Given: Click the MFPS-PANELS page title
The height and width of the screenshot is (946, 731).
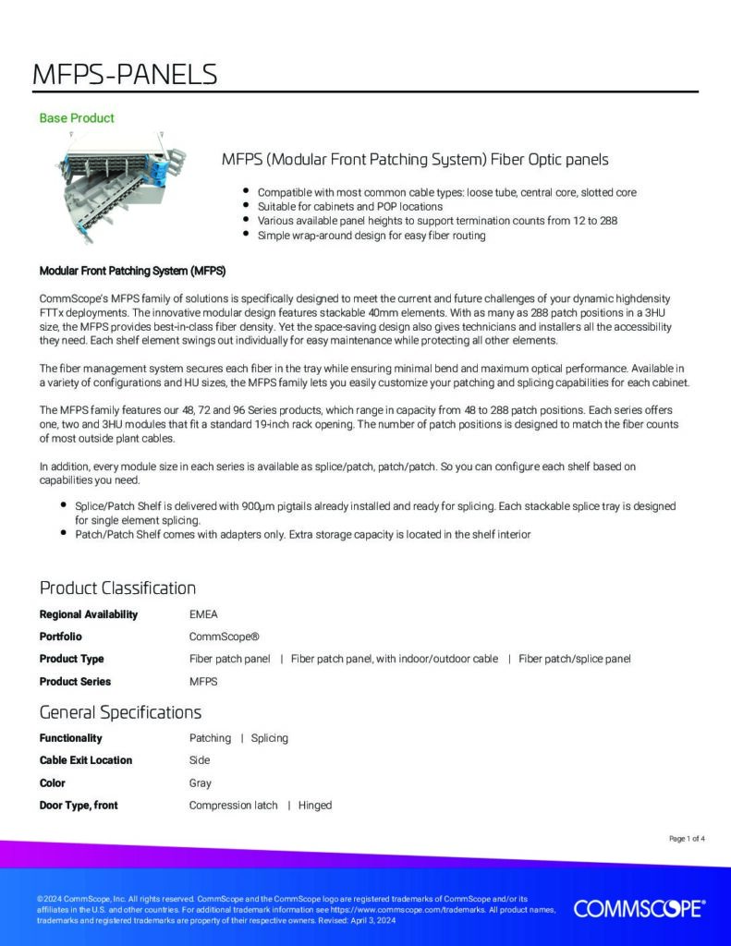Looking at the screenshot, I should click(x=125, y=75).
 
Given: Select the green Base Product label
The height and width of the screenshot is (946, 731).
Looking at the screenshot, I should click(x=77, y=118).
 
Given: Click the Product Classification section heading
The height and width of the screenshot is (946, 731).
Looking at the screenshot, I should click(x=117, y=588).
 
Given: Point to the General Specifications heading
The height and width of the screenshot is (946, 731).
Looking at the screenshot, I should click(x=120, y=712).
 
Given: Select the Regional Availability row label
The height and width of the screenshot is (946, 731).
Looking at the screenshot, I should click(x=89, y=614).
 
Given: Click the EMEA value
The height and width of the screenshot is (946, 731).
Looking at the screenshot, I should click(x=203, y=614).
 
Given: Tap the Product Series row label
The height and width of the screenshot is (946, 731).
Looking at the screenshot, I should click(x=75, y=682).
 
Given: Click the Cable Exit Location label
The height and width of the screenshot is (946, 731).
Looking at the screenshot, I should click(x=86, y=760).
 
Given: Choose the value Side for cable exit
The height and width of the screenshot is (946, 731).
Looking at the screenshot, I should click(x=200, y=760).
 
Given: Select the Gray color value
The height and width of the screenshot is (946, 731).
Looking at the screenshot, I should click(x=201, y=783).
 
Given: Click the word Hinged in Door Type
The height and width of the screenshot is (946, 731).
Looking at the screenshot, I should click(x=315, y=806).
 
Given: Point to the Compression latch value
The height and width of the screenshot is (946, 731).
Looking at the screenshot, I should click(x=233, y=806).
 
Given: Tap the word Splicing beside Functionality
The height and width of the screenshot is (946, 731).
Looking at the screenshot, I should click(x=270, y=738).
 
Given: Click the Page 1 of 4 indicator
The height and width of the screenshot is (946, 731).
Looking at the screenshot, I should click(x=687, y=839).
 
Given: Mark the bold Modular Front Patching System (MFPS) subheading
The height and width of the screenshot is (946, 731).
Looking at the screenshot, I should click(x=132, y=272).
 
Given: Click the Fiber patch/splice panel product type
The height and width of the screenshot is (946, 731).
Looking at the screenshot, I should click(x=575, y=659).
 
